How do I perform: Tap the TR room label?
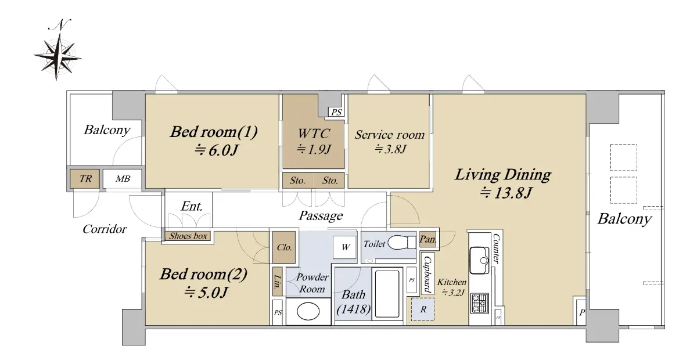(x=85, y=179)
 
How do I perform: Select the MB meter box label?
(x=123, y=179)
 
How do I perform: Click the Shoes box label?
(x=188, y=236)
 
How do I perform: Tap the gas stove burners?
(x=479, y=303)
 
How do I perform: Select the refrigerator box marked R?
(x=423, y=309)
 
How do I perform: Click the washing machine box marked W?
(x=344, y=247)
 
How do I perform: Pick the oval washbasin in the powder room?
(x=308, y=311)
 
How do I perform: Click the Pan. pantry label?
(x=428, y=239)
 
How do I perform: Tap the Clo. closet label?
(x=284, y=247)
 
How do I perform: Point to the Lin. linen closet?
(x=277, y=281)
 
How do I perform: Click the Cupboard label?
(x=427, y=275)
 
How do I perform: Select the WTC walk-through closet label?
(x=313, y=134)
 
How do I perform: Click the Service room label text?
(x=390, y=135)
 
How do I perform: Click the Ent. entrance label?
(x=192, y=206)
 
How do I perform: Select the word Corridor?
(x=105, y=229)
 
